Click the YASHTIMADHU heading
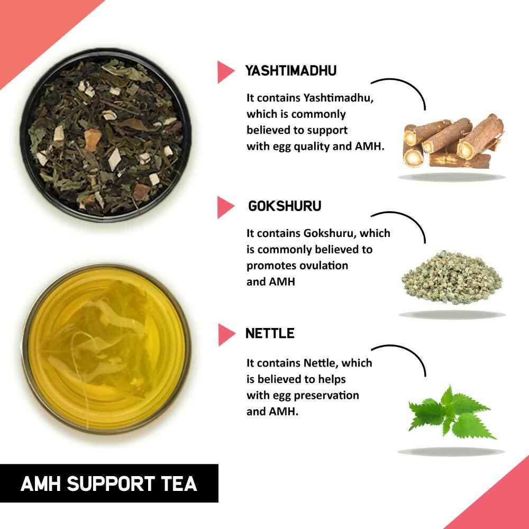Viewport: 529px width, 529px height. pos(291,71)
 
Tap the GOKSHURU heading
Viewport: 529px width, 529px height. pos(284,206)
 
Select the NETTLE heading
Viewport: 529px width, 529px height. pos(270,333)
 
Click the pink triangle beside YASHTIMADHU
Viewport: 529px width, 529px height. pos(225,72)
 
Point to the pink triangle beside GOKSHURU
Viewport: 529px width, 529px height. pos(225,207)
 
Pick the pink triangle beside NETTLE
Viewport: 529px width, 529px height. pos(225,334)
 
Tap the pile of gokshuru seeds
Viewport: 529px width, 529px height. pos(451,278)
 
